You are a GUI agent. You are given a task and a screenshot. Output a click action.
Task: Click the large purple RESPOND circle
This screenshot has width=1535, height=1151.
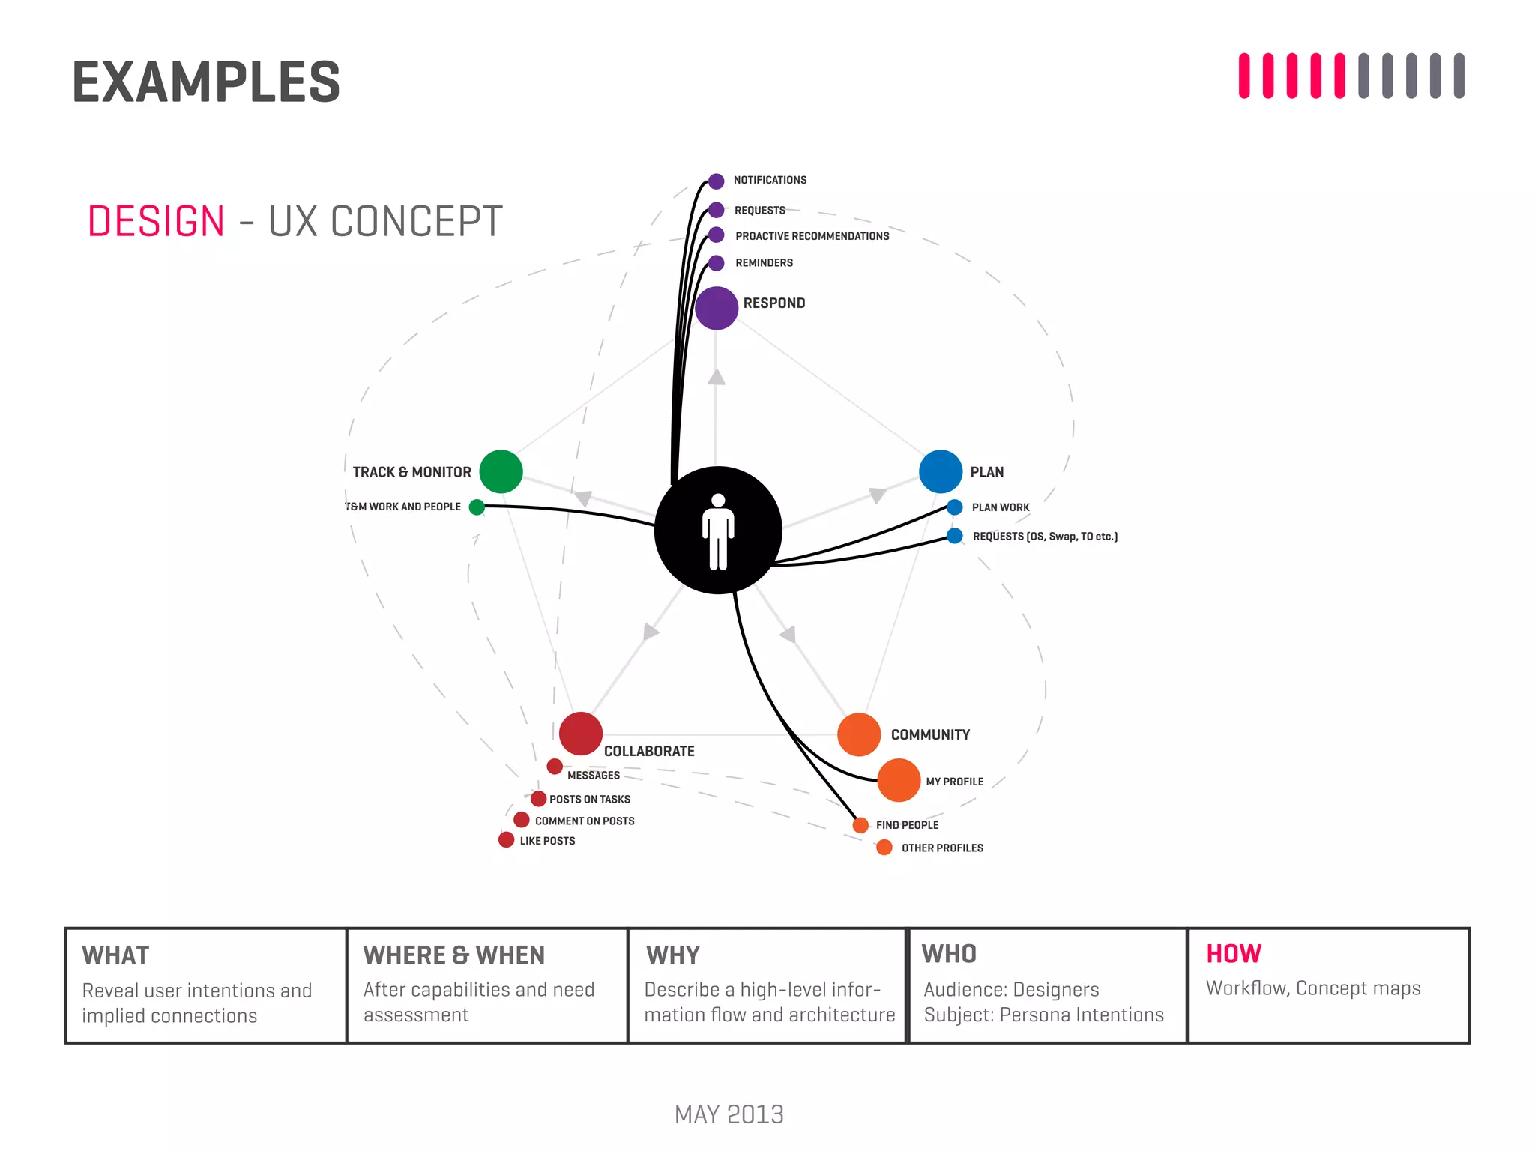tap(717, 308)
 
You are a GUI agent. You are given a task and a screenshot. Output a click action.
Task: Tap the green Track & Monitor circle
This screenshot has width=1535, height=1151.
tap(501, 471)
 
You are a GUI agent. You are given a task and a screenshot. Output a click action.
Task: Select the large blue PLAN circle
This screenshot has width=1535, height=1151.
tap(941, 471)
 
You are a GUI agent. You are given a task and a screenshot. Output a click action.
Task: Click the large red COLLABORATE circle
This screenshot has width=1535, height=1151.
tap(581, 733)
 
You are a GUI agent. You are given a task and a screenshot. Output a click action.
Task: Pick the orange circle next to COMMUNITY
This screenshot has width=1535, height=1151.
tap(859, 734)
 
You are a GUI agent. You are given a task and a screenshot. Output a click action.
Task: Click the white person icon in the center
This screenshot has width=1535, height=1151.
tap(718, 531)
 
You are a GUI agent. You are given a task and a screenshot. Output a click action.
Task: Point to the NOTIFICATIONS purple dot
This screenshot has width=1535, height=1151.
tap(717, 181)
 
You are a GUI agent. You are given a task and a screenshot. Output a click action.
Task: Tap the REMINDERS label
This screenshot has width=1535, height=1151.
tap(764, 263)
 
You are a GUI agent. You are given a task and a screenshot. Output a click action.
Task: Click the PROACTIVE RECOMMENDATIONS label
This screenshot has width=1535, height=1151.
tap(812, 236)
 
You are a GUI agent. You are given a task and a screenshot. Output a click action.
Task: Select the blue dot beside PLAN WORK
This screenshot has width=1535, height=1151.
tap(955, 507)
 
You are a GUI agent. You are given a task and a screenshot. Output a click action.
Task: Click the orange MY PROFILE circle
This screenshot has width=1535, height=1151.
tap(899, 780)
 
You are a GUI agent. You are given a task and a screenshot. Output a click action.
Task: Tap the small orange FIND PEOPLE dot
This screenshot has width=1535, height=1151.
tap(860, 825)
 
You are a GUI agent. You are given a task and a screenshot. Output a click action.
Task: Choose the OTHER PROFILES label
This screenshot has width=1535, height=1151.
tap(942, 848)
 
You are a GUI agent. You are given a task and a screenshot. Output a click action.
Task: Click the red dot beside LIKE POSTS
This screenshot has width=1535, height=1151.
tap(507, 839)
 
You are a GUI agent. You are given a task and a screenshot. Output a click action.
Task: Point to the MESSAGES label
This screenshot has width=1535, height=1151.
tap(594, 776)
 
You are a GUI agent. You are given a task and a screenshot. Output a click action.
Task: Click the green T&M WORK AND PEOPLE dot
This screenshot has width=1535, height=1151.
tap(477, 507)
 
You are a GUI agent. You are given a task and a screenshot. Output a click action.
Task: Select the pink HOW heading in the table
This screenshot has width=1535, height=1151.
tap(1234, 954)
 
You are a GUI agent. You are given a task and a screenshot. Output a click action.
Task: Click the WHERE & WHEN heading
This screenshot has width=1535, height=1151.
tap(454, 955)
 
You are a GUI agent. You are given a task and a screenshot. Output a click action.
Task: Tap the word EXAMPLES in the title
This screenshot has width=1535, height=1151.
tap(206, 82)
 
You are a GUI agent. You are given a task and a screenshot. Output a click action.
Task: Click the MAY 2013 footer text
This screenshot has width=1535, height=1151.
tap(729, 1114)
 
